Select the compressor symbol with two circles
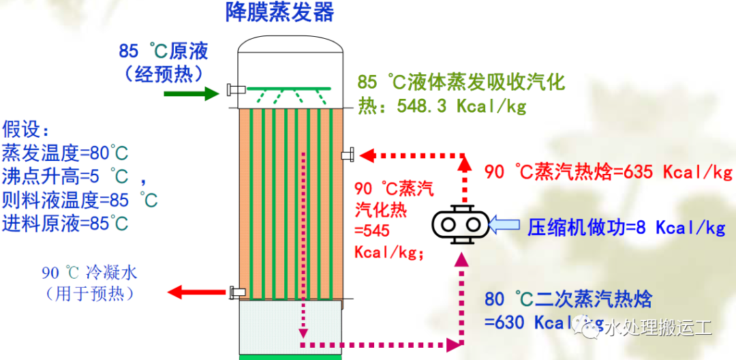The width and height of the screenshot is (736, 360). point(460,223)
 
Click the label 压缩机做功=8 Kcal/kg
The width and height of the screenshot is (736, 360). point(626,227)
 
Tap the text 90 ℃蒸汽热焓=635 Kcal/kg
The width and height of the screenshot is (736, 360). point(609,171)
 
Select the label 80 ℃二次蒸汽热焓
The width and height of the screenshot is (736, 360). point(568,299)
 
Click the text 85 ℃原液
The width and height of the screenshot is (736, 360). point(163,50)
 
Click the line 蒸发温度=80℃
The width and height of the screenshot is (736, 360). point(65,151)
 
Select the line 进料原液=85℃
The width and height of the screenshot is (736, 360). point(65,223)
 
